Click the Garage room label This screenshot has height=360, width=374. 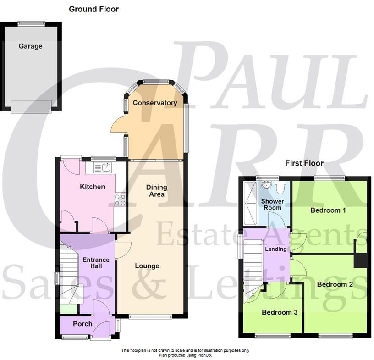pyautogui.click(x=30, y=46)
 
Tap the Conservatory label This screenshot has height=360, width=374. pyautogui.click(x=155, y=103)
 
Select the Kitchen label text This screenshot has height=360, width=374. pyautogui.click(x=92, y=187)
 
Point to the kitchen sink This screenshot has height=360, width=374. pyautogui.click(x=103, y=167)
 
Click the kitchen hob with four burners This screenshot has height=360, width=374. pyautogui.click(x=120, y=200)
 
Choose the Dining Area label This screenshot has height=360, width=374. pyautogui.click(x=156, y=191)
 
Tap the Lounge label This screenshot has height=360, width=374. pyautogui.click(x=147, y=266)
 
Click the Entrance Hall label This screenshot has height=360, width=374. pyautogui.click(x=96, y=263)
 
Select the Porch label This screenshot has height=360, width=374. pyautogui.click(x=82, y=324)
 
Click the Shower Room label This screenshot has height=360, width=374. pyautogui.click(x=272, y=205)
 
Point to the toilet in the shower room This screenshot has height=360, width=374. pyautogui.click(x=281, y=187)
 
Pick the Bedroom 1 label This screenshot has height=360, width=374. pyautogui.click(x=328, y=211)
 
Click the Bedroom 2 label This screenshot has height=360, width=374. pyautogui.click(x=335, y=284)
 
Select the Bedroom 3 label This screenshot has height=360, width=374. pyautogui.click(x=280, y=313)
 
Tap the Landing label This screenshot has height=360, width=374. pyautogui.click(x=276, y=249)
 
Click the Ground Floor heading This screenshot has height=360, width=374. pyautogui.click(x=93, y=9)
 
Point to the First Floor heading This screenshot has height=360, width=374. pyautogui.click(x=304, y=163)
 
